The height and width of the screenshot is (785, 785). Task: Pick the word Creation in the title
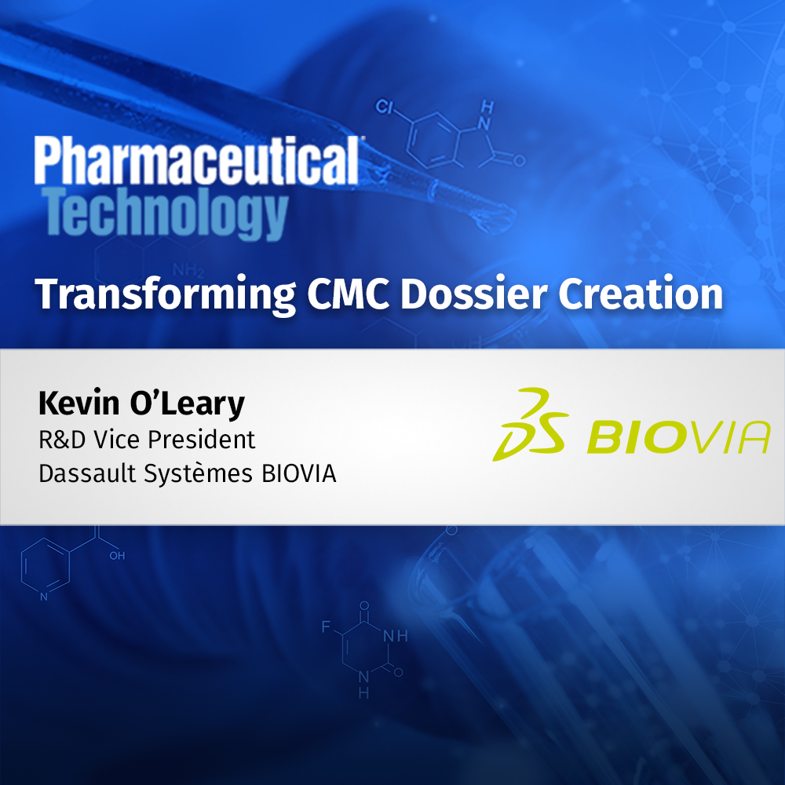click(x=641, y=294)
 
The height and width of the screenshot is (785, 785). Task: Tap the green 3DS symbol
click(x=529, y=424)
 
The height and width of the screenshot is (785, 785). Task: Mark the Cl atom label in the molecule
click(x=384, y=107)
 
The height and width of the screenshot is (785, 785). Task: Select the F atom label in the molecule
click(x=326, y=626)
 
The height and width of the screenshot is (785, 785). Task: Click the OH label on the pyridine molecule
click(x=116, y=556)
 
